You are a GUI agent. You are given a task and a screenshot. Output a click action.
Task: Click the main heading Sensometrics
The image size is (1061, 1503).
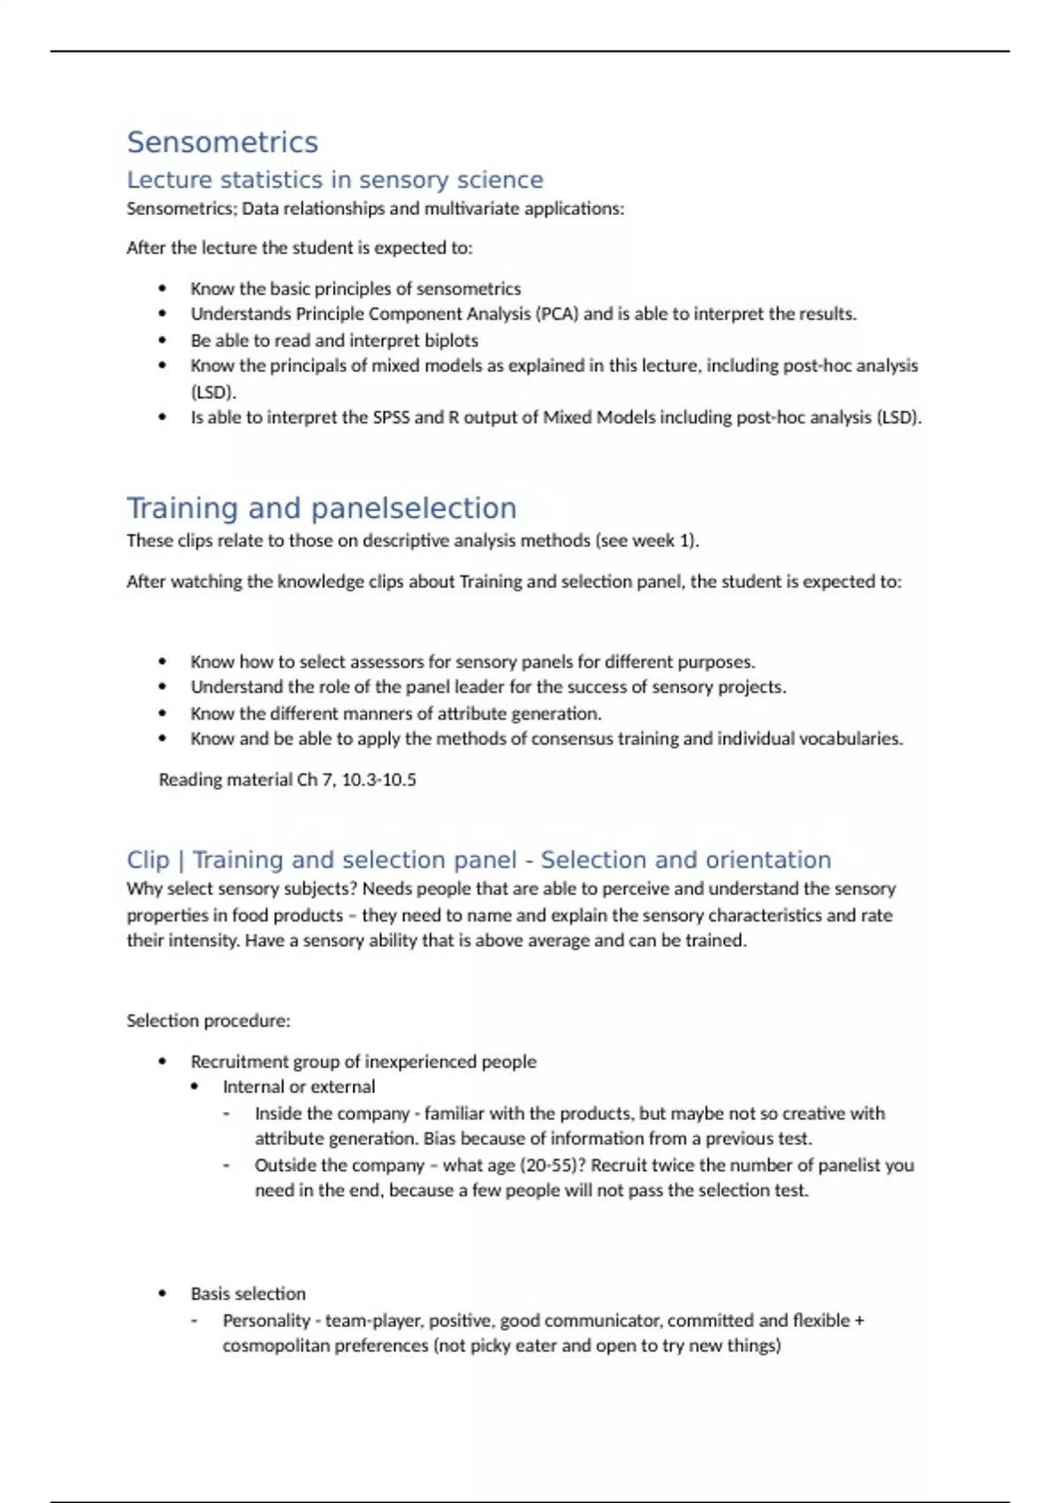(222, 142)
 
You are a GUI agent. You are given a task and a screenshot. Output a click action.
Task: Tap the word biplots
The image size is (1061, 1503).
(448, 340)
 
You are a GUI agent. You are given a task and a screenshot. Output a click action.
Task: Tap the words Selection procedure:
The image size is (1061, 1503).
(208, 1020)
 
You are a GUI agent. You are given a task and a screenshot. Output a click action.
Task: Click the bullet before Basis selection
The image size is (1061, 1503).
(162, 1293)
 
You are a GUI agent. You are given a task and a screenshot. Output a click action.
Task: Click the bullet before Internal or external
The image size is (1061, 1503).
(195, 1087)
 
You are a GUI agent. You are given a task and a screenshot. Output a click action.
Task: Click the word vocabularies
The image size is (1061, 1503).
(851, 738)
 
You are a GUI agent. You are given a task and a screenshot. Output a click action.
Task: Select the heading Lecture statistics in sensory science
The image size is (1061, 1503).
(334, 179)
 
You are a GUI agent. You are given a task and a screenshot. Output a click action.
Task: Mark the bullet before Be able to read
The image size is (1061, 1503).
(162, 340)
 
